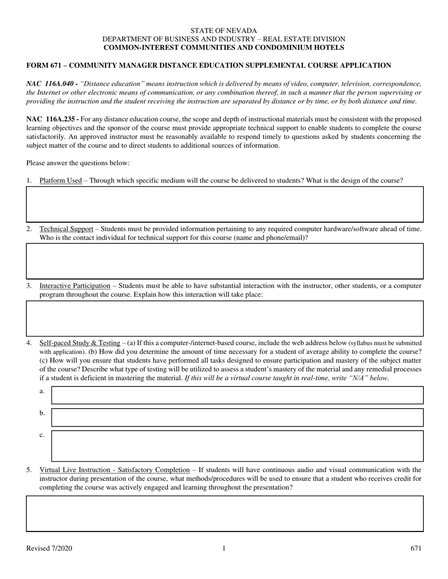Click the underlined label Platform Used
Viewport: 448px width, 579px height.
(60, 180)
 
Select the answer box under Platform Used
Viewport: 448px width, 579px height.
(224, 204)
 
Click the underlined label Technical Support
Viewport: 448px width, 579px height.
(66, 229)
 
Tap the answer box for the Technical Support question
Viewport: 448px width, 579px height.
(224, 261)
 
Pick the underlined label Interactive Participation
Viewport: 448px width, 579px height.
(75, 286)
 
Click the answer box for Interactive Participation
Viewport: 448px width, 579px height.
(224, 318)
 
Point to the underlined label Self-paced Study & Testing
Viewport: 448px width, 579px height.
(80, 343)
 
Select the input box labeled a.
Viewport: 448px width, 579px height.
(237, 395)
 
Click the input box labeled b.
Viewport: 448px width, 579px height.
(237, 417)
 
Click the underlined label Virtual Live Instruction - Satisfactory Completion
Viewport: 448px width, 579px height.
(115, 470)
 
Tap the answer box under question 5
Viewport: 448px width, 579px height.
(224, 513)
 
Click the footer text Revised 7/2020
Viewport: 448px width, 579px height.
(50, 548)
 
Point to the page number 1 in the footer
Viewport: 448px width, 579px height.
(224, 548)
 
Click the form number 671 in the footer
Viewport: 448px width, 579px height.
(416, 548)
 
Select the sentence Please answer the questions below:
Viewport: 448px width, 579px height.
(78, 163)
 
